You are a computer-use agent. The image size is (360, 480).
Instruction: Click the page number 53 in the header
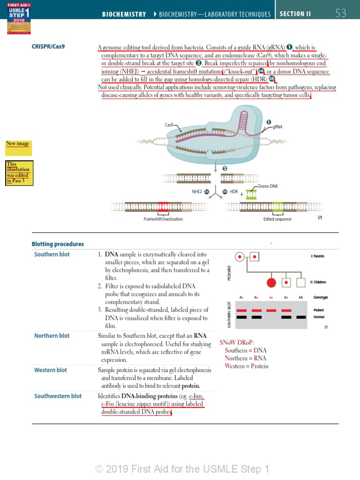341,14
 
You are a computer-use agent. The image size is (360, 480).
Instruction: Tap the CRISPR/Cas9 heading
48,47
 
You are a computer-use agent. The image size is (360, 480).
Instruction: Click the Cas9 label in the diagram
169,125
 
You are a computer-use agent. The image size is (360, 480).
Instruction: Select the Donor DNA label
268,186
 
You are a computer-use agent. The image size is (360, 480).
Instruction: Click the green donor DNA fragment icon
251,194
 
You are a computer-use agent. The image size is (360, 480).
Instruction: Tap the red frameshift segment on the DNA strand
163,206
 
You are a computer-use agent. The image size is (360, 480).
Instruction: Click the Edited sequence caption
277,219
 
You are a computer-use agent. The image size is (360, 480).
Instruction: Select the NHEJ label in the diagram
197,192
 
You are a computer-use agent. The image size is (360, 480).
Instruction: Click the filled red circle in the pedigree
271,283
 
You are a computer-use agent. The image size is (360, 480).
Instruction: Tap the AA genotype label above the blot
300,298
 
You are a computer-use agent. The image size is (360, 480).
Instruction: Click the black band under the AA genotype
301,317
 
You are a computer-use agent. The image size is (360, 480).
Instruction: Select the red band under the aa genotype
271,310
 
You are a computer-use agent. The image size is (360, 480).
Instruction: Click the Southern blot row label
52,255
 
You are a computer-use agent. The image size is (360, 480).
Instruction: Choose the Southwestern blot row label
58,396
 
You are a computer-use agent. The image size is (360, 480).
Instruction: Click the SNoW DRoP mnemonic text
237,343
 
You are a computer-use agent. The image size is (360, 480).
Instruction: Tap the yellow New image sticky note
18,147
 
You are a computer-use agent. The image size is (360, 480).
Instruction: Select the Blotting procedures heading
58,244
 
